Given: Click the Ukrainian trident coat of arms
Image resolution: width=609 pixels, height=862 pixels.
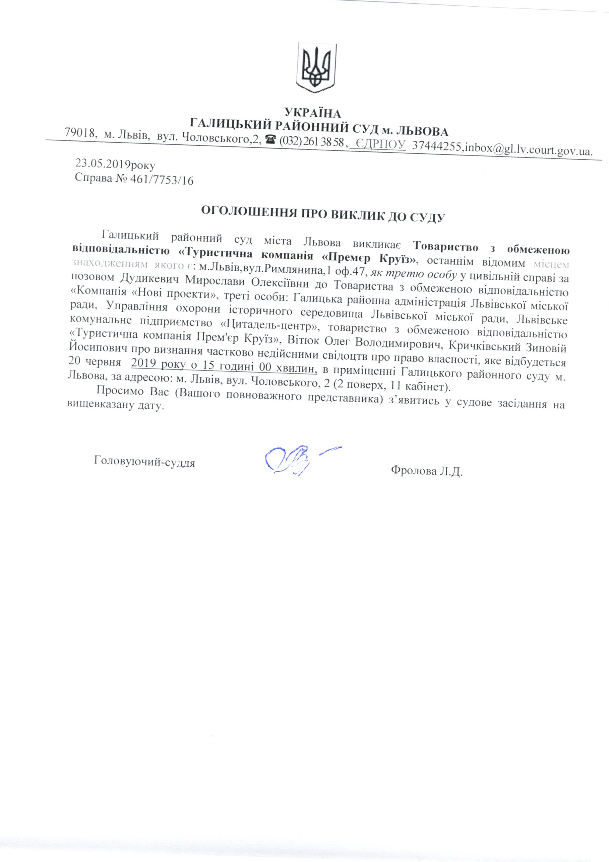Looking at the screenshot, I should (x=316, y=68).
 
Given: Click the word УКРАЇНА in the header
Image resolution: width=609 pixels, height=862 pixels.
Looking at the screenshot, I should (x=313, y=112).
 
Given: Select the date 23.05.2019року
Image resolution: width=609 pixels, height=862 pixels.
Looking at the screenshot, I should (x=115, y=164).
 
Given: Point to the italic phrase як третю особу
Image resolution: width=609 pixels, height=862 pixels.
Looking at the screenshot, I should (x=413, y=275).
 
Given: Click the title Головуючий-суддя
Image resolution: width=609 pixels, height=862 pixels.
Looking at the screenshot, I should (x=144, y=461).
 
